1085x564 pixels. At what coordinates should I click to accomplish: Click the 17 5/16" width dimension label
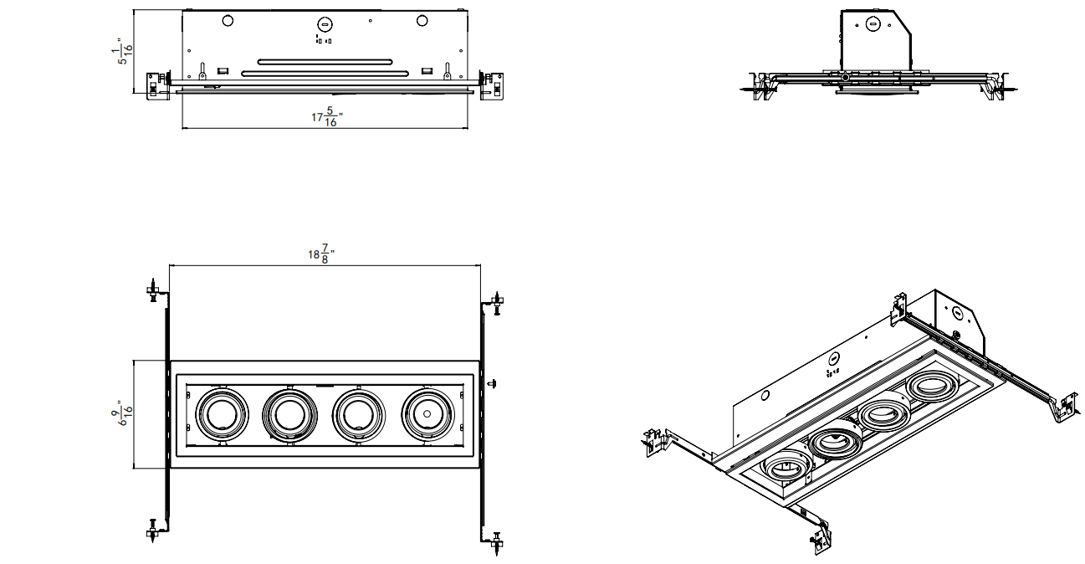[327, 117]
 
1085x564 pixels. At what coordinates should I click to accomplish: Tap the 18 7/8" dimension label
[321, 254]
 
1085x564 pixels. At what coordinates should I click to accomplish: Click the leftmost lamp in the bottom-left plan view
[222, 414]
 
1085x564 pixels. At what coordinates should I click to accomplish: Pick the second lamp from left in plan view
[289, 415]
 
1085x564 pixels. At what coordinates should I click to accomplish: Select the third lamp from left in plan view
[358, 415]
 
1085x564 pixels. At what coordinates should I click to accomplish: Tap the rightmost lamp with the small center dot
[427, 414]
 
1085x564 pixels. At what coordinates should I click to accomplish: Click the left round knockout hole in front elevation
[228, 21]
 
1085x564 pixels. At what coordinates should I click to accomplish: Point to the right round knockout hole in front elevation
[422, 21]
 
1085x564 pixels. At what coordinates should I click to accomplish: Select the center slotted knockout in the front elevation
[325, 24]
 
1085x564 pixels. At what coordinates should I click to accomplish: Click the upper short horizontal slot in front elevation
[325, 62]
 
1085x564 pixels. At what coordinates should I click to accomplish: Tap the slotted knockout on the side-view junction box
[873, 24]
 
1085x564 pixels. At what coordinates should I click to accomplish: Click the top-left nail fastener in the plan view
[154, 290]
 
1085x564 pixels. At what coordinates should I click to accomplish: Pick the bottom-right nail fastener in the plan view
[497, 543]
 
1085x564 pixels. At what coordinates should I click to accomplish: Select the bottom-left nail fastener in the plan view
[153, 531]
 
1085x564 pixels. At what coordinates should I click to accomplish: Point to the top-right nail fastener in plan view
[497, 303]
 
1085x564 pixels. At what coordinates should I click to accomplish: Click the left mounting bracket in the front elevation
[158, 86]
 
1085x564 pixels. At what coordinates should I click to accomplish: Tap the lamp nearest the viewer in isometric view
[786, 467]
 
